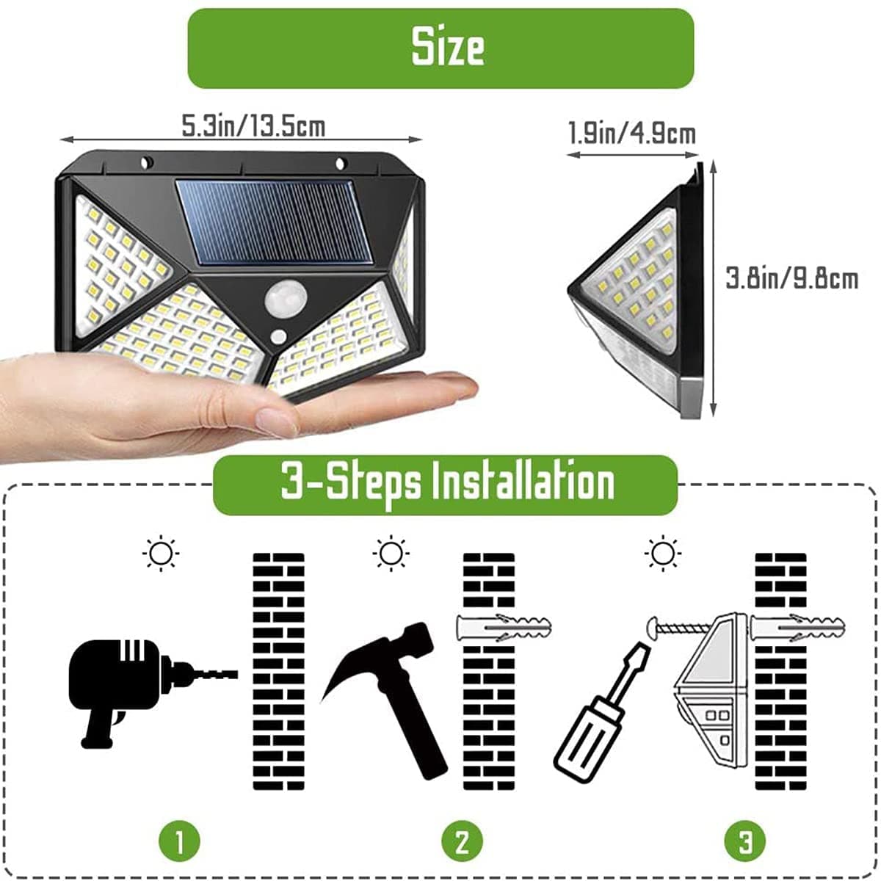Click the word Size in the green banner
[447, 48]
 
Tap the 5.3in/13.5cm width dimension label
[253, 126]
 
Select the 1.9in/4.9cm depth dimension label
[631, 134]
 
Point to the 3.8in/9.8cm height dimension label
[791, 279]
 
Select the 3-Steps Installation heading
[447, 484]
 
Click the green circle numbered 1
[179, 841]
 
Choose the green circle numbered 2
[462, 841]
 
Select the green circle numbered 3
[745, 841]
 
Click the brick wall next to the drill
[278, 672]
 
